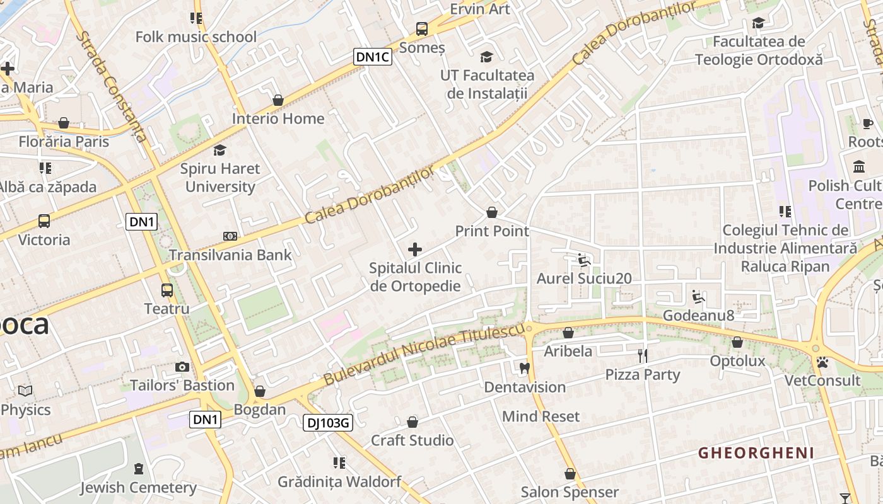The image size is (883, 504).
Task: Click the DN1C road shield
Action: [x=373, y=57]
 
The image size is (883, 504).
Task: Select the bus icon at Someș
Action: [x=421, y=29]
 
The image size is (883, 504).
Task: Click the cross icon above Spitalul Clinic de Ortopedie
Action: [x=415, y=249]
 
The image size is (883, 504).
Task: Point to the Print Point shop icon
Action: [x=492, y=213]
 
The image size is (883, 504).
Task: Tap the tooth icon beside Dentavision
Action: [x=524, y=369]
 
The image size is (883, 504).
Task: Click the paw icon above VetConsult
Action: [x=822, y=363]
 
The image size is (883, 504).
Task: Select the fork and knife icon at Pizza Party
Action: [x=643, y=356]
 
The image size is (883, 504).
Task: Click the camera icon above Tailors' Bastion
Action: [x=182, y=367]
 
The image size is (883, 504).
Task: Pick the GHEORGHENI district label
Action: [x=756, y=452]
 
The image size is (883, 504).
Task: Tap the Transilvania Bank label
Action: [x=230, y=255]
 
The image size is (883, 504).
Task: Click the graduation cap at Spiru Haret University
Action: [x=219, y=150]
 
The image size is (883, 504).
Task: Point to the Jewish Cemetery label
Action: [x=138, y=488]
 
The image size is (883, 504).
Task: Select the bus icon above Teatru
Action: [x=167, y=290]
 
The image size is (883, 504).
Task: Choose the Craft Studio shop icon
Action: [x=412, y=422]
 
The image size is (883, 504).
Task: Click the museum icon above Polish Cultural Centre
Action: [x=859, y=167]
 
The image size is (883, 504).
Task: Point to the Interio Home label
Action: [x=278, y=118]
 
